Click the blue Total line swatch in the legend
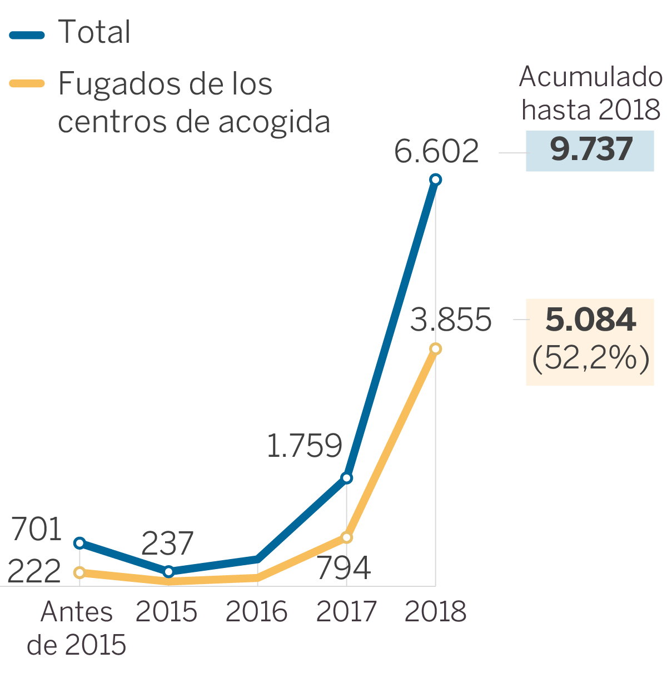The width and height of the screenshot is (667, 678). tap(27, 36)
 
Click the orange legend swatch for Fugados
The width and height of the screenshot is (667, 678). tap(27, 84)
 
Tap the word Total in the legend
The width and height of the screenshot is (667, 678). tap(94, 32)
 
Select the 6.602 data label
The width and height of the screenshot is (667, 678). tap(436, 151)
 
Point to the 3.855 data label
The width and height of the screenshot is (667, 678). tap(451, 320)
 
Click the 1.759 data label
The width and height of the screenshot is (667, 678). tap(304, 446)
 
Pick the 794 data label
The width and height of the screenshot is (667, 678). tap(344, 568)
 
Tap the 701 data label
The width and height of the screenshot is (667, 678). tap(37, 529)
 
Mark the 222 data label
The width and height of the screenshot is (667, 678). tap(34, 572)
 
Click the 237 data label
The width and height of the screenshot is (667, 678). tap(167, 544)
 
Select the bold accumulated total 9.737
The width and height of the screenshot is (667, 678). tap(591, 150)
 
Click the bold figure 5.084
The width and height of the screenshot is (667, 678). tap(590, 320)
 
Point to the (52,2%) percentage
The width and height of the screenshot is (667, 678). tap(590, 358)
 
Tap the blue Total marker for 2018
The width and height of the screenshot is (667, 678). tap(436, 180)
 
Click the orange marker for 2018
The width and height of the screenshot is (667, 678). tap(436, 349)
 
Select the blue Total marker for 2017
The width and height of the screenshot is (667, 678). tap(347, 478)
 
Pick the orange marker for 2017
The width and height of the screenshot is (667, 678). tap(347, 537)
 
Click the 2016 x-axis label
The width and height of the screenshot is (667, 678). tap(256, 612)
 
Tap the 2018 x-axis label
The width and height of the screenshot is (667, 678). tap(435, 612)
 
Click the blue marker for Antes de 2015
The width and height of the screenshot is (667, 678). tap(79, 543)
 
